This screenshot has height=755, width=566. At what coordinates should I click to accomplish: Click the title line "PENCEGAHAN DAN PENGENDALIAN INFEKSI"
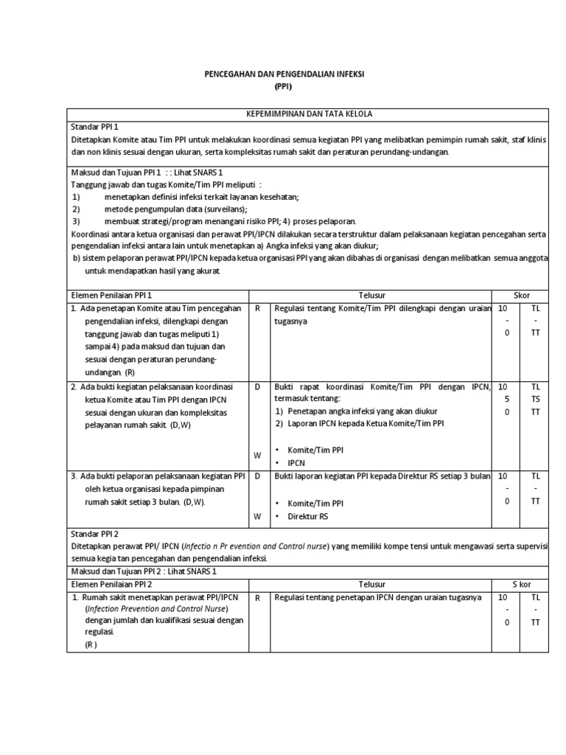[284, 74]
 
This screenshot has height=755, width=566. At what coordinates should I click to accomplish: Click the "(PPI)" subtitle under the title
[283, 86]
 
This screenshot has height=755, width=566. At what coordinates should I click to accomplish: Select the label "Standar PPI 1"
[94, 127]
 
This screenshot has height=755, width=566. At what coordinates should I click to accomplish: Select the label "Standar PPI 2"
[94, 533]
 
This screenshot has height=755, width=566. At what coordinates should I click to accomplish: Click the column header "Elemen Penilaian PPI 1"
[111, 295]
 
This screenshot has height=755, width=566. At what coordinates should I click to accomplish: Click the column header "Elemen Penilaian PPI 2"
[111, 584]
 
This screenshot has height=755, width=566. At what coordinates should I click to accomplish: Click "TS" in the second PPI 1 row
[536, 399]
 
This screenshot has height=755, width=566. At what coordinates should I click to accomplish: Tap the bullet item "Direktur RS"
[307, 516]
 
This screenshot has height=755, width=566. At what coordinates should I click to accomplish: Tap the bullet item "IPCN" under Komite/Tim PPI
[296, 463]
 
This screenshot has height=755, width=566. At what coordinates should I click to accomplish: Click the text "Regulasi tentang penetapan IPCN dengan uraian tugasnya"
[377, 597]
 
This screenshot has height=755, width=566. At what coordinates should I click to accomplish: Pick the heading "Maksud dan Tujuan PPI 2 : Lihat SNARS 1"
[135, 571]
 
